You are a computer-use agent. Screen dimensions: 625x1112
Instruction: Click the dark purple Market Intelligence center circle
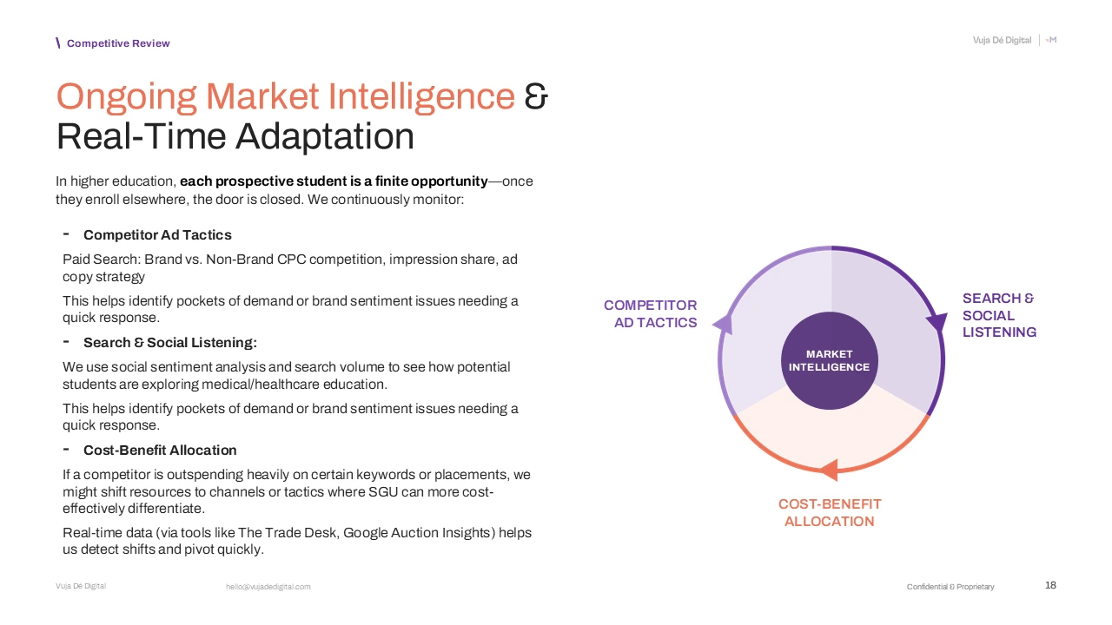tap(829, 360)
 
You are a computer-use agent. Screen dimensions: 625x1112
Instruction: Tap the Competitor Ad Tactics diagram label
tap(651, 314)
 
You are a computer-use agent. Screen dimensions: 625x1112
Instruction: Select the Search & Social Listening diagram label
tap(998, 315)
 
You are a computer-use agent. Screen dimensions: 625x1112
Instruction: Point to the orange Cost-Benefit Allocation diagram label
tap(830, 512)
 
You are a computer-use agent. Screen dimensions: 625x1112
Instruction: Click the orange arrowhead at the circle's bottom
tap(829, 470)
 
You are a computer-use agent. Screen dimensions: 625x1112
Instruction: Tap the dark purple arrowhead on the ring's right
tap(937, 323)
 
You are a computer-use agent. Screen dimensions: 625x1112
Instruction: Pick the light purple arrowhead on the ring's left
tap(723, 324)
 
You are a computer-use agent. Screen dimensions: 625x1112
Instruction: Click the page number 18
tap(1050, 586)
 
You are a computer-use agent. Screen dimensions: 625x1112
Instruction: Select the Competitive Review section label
tap(118, 43)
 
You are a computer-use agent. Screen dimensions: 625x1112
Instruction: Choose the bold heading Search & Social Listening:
tap(170, 343)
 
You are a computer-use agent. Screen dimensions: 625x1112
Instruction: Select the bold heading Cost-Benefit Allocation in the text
tap(160, 451)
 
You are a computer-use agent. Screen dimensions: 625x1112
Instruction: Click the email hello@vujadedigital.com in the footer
tap(268, 587)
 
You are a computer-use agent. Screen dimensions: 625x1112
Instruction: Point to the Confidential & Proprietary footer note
tap(950, 587)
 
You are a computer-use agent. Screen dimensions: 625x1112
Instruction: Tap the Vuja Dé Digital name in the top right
tap(1002, 41)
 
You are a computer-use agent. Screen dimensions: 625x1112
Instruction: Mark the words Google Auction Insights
tap(416, 533)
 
